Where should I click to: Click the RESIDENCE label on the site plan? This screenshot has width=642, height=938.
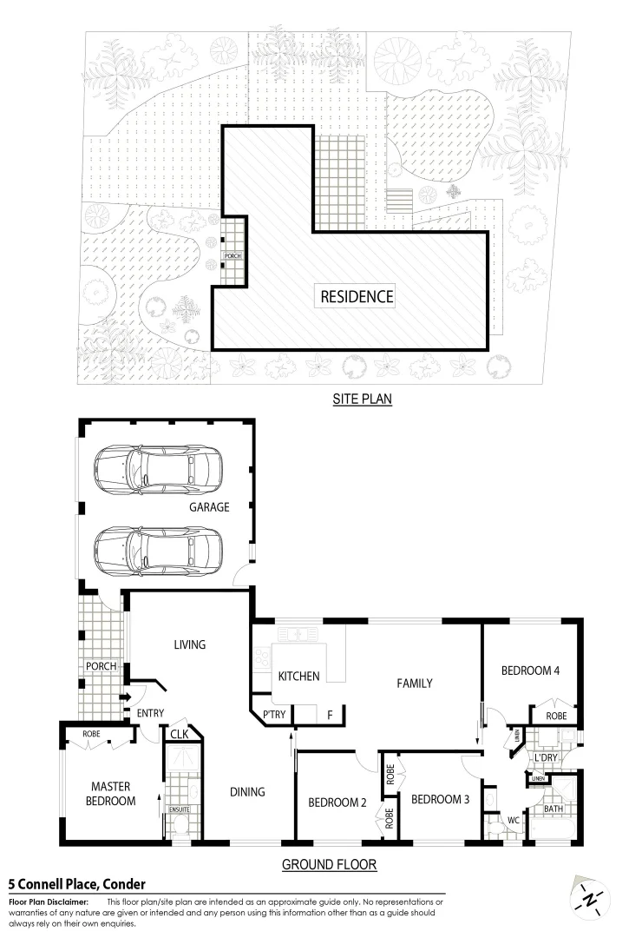tap(357, 296)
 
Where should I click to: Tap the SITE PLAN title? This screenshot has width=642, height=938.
tap(364, 400)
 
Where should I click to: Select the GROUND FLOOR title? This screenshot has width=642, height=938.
tap(329, 865)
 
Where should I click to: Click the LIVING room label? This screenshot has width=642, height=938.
tap(189, 644)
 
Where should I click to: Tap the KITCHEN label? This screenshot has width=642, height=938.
tap(298, 676)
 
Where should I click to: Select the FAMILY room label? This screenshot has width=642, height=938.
tap(415, 684)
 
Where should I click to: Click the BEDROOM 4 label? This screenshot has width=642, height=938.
tap(530, 670)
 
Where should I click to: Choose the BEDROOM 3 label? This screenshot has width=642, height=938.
tap(440, 799)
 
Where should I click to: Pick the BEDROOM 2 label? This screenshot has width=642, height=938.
tap(337, 802)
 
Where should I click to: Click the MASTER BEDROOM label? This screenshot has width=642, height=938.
tap(113, 794)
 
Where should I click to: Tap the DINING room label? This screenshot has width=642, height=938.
tap(246, 791)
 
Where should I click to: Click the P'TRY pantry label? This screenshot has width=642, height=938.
tap(273, 716)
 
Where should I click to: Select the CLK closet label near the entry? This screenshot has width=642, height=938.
tap(180, 735)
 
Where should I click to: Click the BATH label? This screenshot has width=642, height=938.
tap(554, 809)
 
